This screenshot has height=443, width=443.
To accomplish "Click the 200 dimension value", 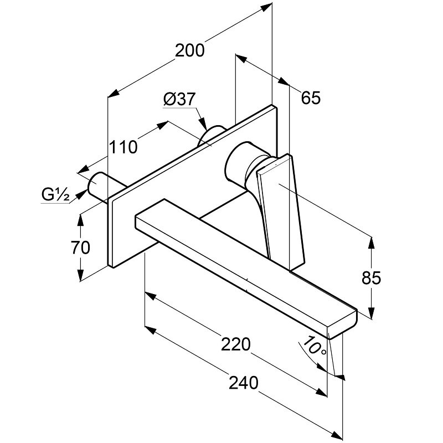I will tap(190, 50).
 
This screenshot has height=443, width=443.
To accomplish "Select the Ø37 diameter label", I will tap(179, 99).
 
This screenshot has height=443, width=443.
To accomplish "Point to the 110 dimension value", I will tap(122, 147).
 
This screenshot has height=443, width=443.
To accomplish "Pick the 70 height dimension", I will tap(80, 248).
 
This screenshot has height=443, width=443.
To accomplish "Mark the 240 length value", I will tap(244, 383).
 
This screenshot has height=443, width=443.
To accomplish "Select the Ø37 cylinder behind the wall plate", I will tap(213, 136).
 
